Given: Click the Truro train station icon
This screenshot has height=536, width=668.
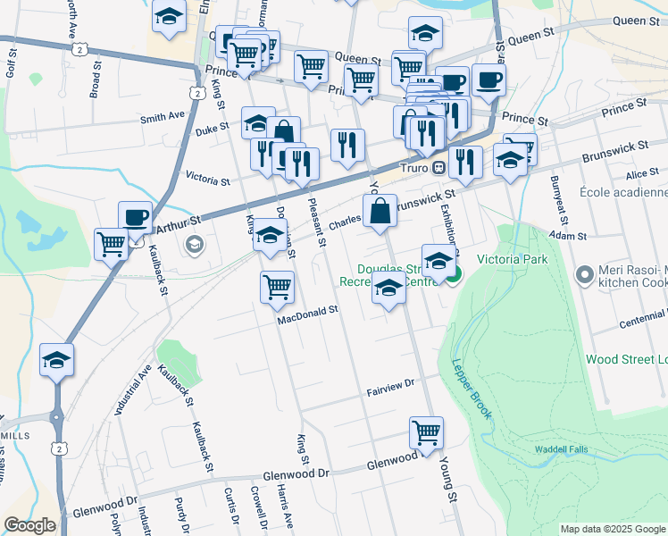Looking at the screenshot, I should pyautogui.click(x=438, y=168).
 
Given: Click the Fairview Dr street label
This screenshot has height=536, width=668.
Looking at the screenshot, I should pyautogui.click(x=391, y=384).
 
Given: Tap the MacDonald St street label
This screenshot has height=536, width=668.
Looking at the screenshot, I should pyautogui.click(x=307, y=312).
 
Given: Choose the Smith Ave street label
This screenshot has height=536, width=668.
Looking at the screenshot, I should pyautogui.click(x=162, y=117).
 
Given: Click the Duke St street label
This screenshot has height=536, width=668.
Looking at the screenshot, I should pyautogui.click(x=212, y=130).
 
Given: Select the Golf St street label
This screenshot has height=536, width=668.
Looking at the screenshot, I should pyautogui.click(x=13, y=63).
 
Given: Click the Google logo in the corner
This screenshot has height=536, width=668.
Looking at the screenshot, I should pyautogui.click(x=29, y=525).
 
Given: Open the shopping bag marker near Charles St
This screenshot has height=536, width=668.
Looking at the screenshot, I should pyautogui.click(x=380, y=213).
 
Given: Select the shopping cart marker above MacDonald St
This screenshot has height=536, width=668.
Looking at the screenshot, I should pyautogui.click(x=278, y=288).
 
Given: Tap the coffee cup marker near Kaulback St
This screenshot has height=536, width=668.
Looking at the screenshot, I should pyautogui.click(x=136, y=217).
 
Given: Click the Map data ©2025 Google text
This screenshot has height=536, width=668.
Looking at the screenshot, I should pyautogui.click(x=612, y=529).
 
